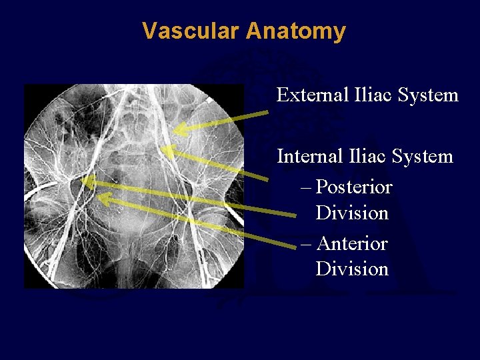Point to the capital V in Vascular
click(x=149, y=31)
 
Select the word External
click(x=309, y=95)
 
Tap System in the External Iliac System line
click(x=428, y=96)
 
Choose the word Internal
click(x=307, y=157)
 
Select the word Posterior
click(x=355, y=187)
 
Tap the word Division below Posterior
click(x=352, y=213)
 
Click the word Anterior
click(x=353, y=243)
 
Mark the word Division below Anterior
click(x=352, y=269)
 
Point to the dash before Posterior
click(x=306, y=187)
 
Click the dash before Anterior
click(x=306, y=244)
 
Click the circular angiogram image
click(x=133, y=187)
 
